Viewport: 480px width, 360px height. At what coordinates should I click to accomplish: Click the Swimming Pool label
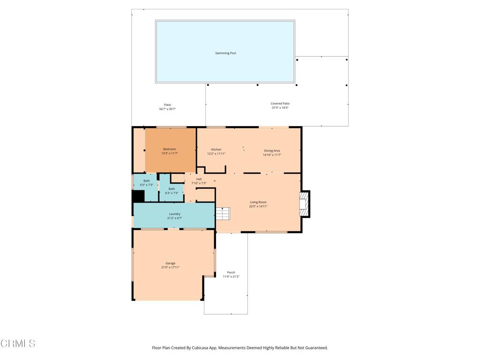coord(225,53)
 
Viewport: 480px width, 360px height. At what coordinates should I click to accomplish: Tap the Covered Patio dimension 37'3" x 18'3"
coord(280,108)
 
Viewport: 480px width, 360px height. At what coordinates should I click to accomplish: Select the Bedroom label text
coord(170,149)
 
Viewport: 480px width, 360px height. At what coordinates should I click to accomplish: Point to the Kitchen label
coord(216,150)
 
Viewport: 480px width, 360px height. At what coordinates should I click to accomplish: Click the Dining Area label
coord(272,150)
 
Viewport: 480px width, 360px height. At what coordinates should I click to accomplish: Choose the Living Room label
coord(258,202)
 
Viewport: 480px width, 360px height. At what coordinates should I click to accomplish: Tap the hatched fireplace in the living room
coord(304,204)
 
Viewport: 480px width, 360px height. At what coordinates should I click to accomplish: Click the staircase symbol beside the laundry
coord(223,213)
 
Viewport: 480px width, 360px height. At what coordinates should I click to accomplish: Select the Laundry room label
coord(175,214)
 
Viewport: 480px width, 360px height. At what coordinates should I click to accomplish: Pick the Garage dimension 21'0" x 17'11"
coord(171,268)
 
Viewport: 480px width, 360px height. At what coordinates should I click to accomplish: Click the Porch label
coord(231,272)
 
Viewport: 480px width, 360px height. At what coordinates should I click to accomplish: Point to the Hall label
coord(199,179)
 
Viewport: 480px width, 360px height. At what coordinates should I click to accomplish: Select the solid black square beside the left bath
coord(138,196)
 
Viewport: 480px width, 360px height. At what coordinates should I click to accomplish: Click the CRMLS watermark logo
coord(18,344)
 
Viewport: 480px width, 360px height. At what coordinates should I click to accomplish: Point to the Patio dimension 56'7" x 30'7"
coord(167,109)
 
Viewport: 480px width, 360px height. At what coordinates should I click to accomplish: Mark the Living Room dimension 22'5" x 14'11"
coord(258,206)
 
